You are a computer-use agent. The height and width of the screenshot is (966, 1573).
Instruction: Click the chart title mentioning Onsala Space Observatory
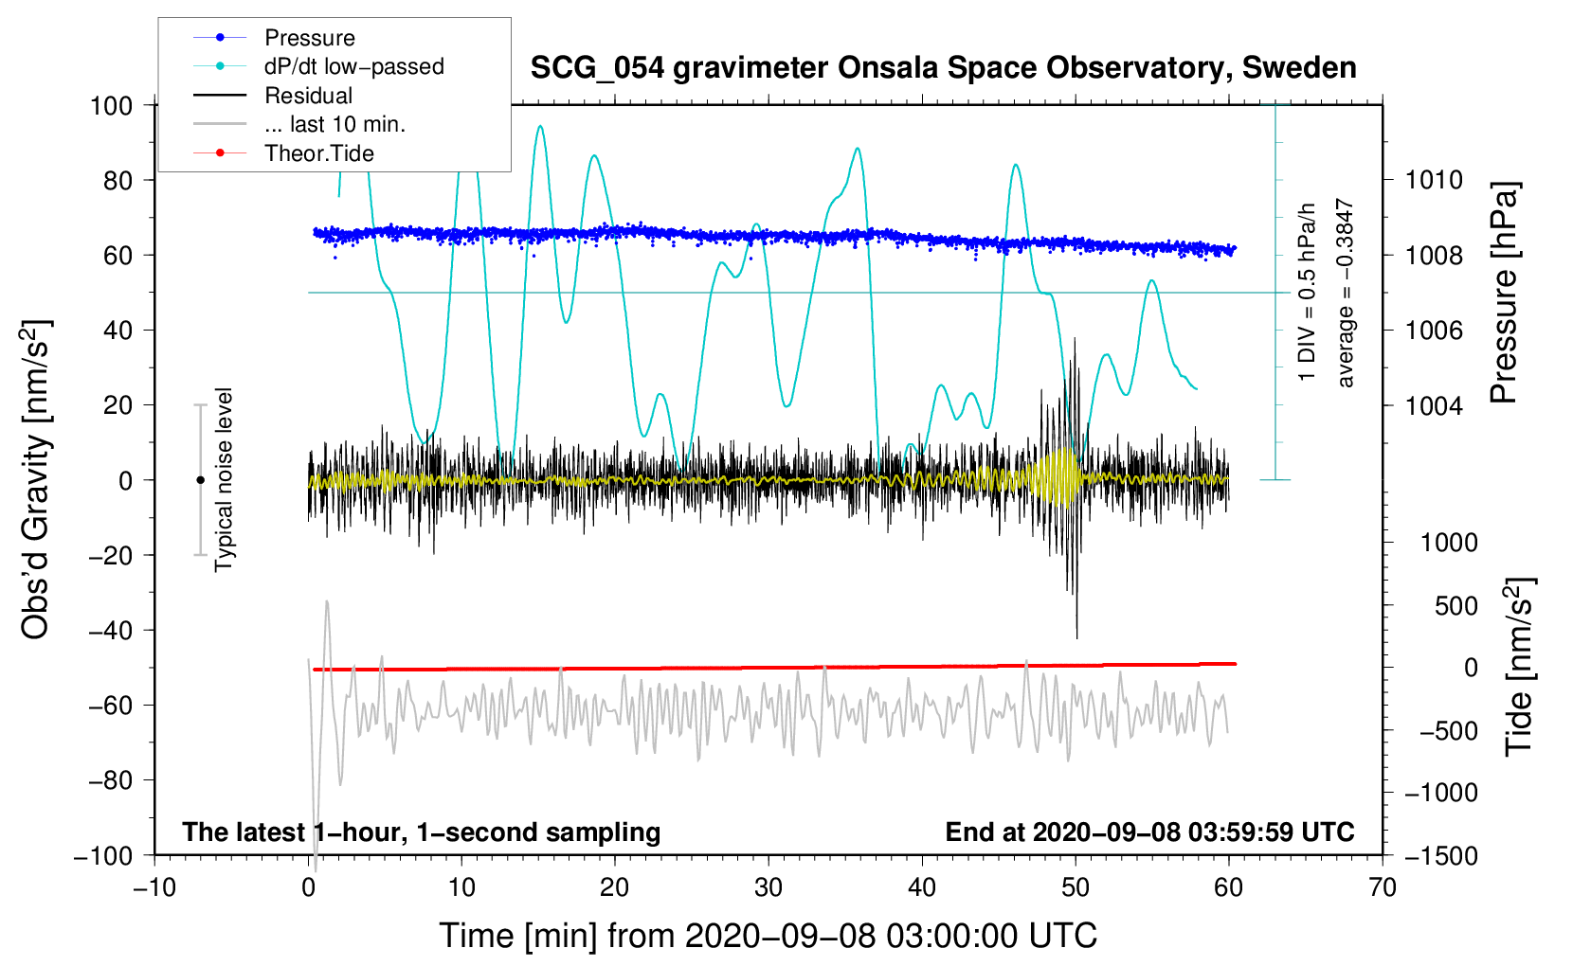[x=943, y=68]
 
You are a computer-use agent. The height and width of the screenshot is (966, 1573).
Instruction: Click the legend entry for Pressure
[x=309, y=38]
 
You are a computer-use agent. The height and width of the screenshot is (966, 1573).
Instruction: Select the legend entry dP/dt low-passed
[x=353, y=66]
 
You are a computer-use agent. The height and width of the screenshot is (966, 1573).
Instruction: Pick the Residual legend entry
[x=308, y=96]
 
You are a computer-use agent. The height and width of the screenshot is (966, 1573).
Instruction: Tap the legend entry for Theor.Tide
[x=318, y=153]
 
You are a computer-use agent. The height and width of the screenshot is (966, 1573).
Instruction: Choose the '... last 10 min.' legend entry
[x=334, y=124]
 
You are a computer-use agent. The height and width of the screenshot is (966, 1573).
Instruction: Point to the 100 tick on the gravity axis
[x=112, y=105]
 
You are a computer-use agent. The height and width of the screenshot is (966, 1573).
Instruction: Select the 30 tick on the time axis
[x=768, y=887]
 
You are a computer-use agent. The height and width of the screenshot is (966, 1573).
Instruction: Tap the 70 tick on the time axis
[x=1383, y=887]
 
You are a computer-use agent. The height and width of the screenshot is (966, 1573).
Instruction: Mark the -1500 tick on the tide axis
[x=1440, y=855]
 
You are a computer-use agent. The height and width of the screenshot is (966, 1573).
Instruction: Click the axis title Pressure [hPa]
[x=1504, y=293]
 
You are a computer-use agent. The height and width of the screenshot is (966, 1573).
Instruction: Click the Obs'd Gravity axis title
[x=36, y=480]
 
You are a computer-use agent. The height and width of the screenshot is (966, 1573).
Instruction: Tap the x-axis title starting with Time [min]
[x=768, y=936]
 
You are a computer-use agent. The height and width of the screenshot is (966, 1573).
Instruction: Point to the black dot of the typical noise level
[x=200, y=480]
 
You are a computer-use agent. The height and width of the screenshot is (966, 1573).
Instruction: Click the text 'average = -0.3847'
[x=1345, y=293]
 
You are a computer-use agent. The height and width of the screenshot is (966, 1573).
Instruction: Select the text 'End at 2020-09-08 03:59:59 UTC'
[x=1149, y=832]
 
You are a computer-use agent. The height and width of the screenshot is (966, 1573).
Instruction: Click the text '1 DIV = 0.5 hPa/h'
[x=1308, y=292]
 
